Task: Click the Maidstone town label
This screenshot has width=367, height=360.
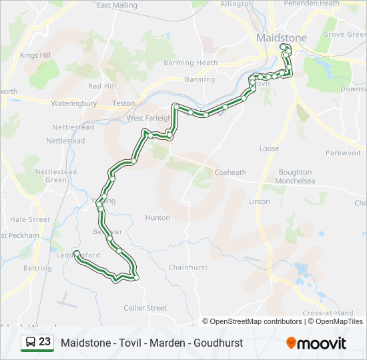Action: pyautogui.click(x=282, y=38)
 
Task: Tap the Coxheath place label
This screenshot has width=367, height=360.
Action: pyautogui.click(x=230, y=172)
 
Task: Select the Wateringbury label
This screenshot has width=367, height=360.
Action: pyautogui.click(x=74, y=103)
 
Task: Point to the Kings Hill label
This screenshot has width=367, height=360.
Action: pyautogui.click(x=35, y=56)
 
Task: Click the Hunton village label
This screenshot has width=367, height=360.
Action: pyautogui.click(x=157, y=217)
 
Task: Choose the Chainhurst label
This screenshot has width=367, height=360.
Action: pyautogui.click(x=188, y=267)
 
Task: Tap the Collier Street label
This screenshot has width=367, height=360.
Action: pyautogui.click(x=145, y=307)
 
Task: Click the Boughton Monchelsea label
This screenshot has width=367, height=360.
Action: pyautogui.click(x=295, y=177)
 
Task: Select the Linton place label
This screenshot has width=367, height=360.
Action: pyautogui.click(x=259, y=201)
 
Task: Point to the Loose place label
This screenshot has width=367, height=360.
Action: pyautogui.click(x=269, y=149)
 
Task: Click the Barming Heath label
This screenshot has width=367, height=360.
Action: pyautogui.click(x=196, y=63)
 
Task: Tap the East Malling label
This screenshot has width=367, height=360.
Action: pyautogui.click(x=117, y=5)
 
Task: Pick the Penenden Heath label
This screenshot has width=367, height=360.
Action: pyautogui.click(x=312, y=3)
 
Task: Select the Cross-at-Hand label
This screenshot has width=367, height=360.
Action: pyautogui.click(x=328, y=313)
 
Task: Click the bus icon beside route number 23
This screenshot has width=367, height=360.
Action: pyautogui.click(x=31, y=343)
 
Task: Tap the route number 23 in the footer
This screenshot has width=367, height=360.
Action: pyautogui.click(x=45, y=342)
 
